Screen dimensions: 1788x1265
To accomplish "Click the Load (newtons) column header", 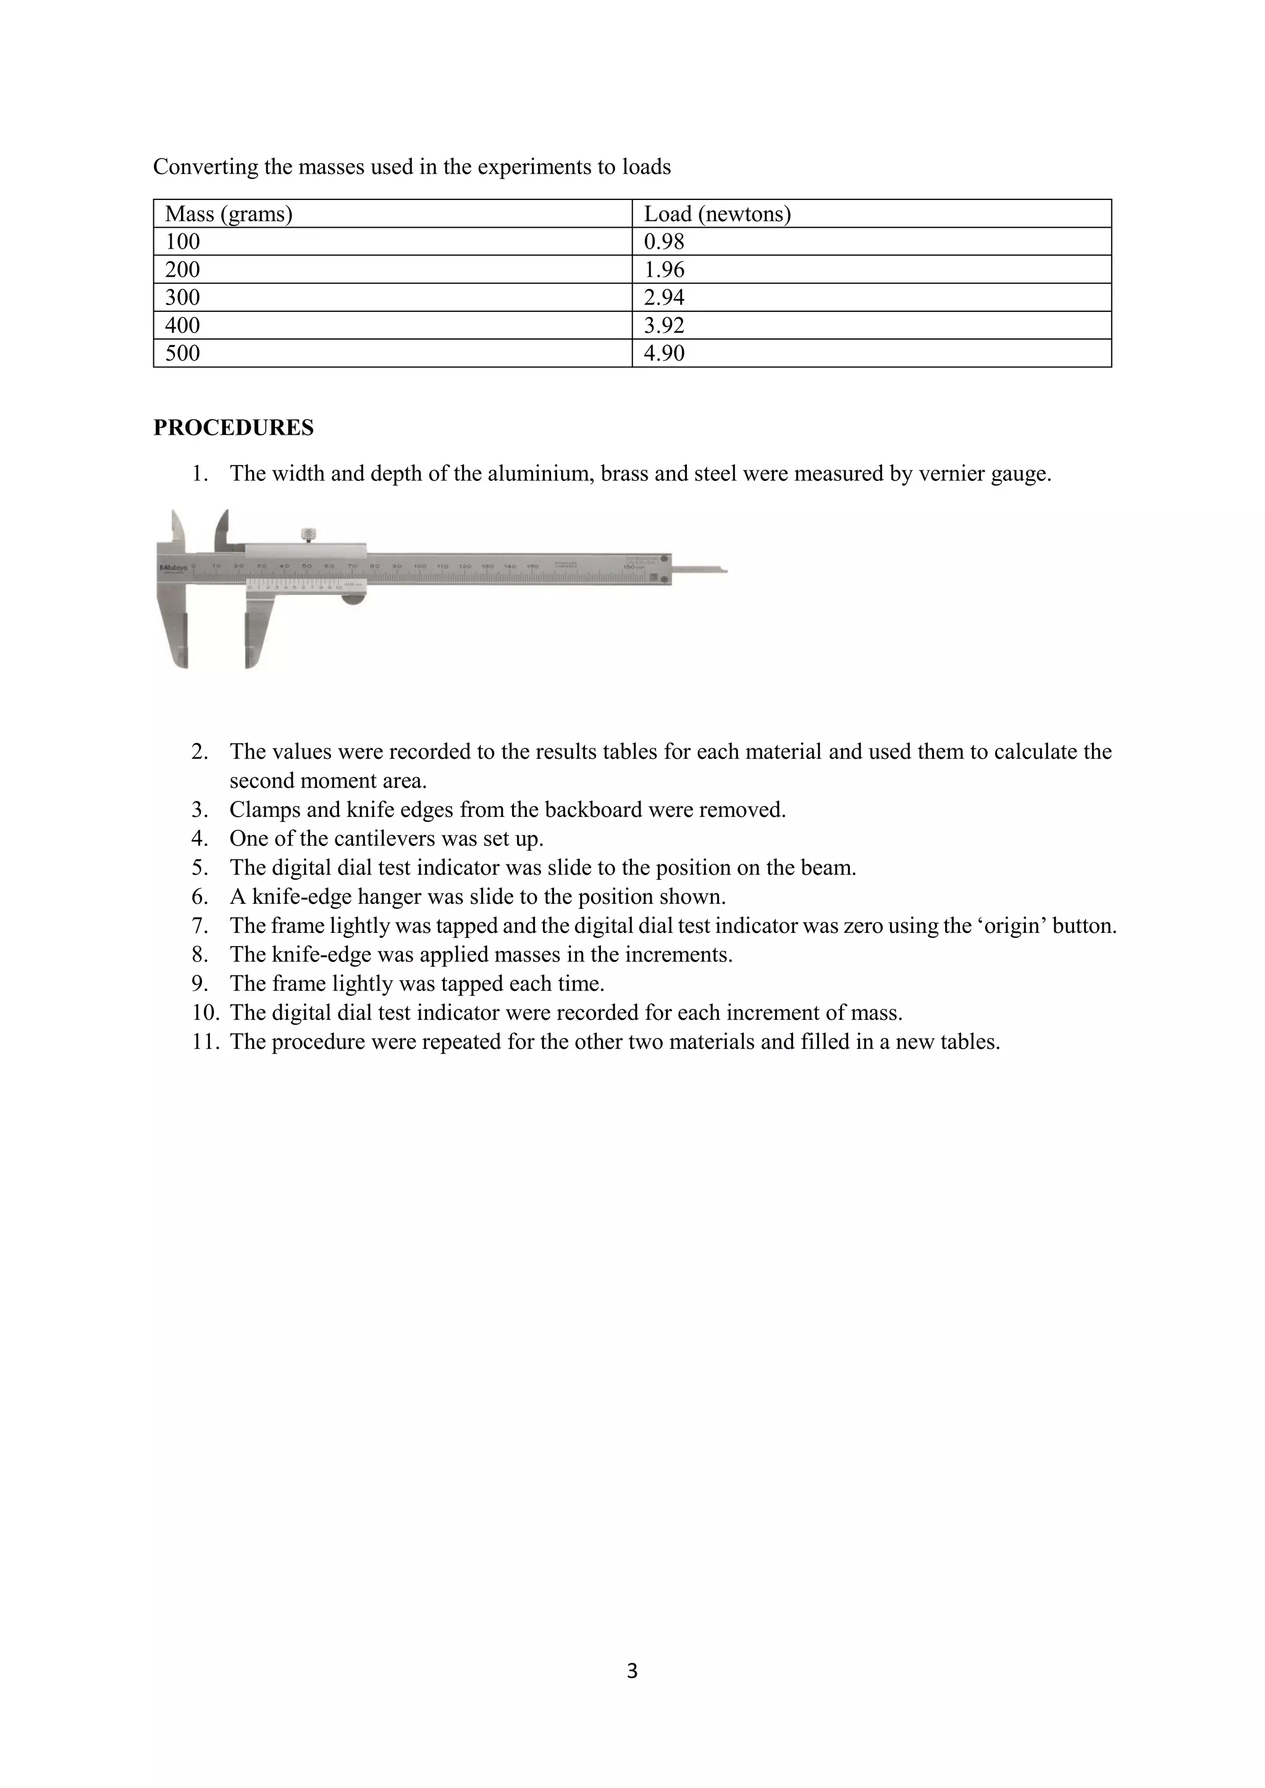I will pyautogui.click(x=717, y=214).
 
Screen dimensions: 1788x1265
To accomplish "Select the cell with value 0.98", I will pyautogui.click(x=663, y=241).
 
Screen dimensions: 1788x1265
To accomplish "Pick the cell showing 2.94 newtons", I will pyautogui.click(x=663, y=298).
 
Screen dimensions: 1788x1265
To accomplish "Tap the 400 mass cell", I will pyautogui.click(x=182, y=325).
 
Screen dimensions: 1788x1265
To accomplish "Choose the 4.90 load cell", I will pyautogui.click(x=663, y=354).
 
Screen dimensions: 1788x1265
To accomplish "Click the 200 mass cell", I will pyautogui.click(x=182, y=269).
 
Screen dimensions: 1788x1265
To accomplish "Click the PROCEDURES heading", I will pyautogui.click(x=233, y=427).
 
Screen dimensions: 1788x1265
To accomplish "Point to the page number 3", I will pyautogui.click(x=632, y=1671).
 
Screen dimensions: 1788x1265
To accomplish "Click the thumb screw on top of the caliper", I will pyautogui.click(x=308, y=534).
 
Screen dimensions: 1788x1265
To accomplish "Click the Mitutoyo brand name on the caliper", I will pyautogui.click(x=174, y=568).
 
